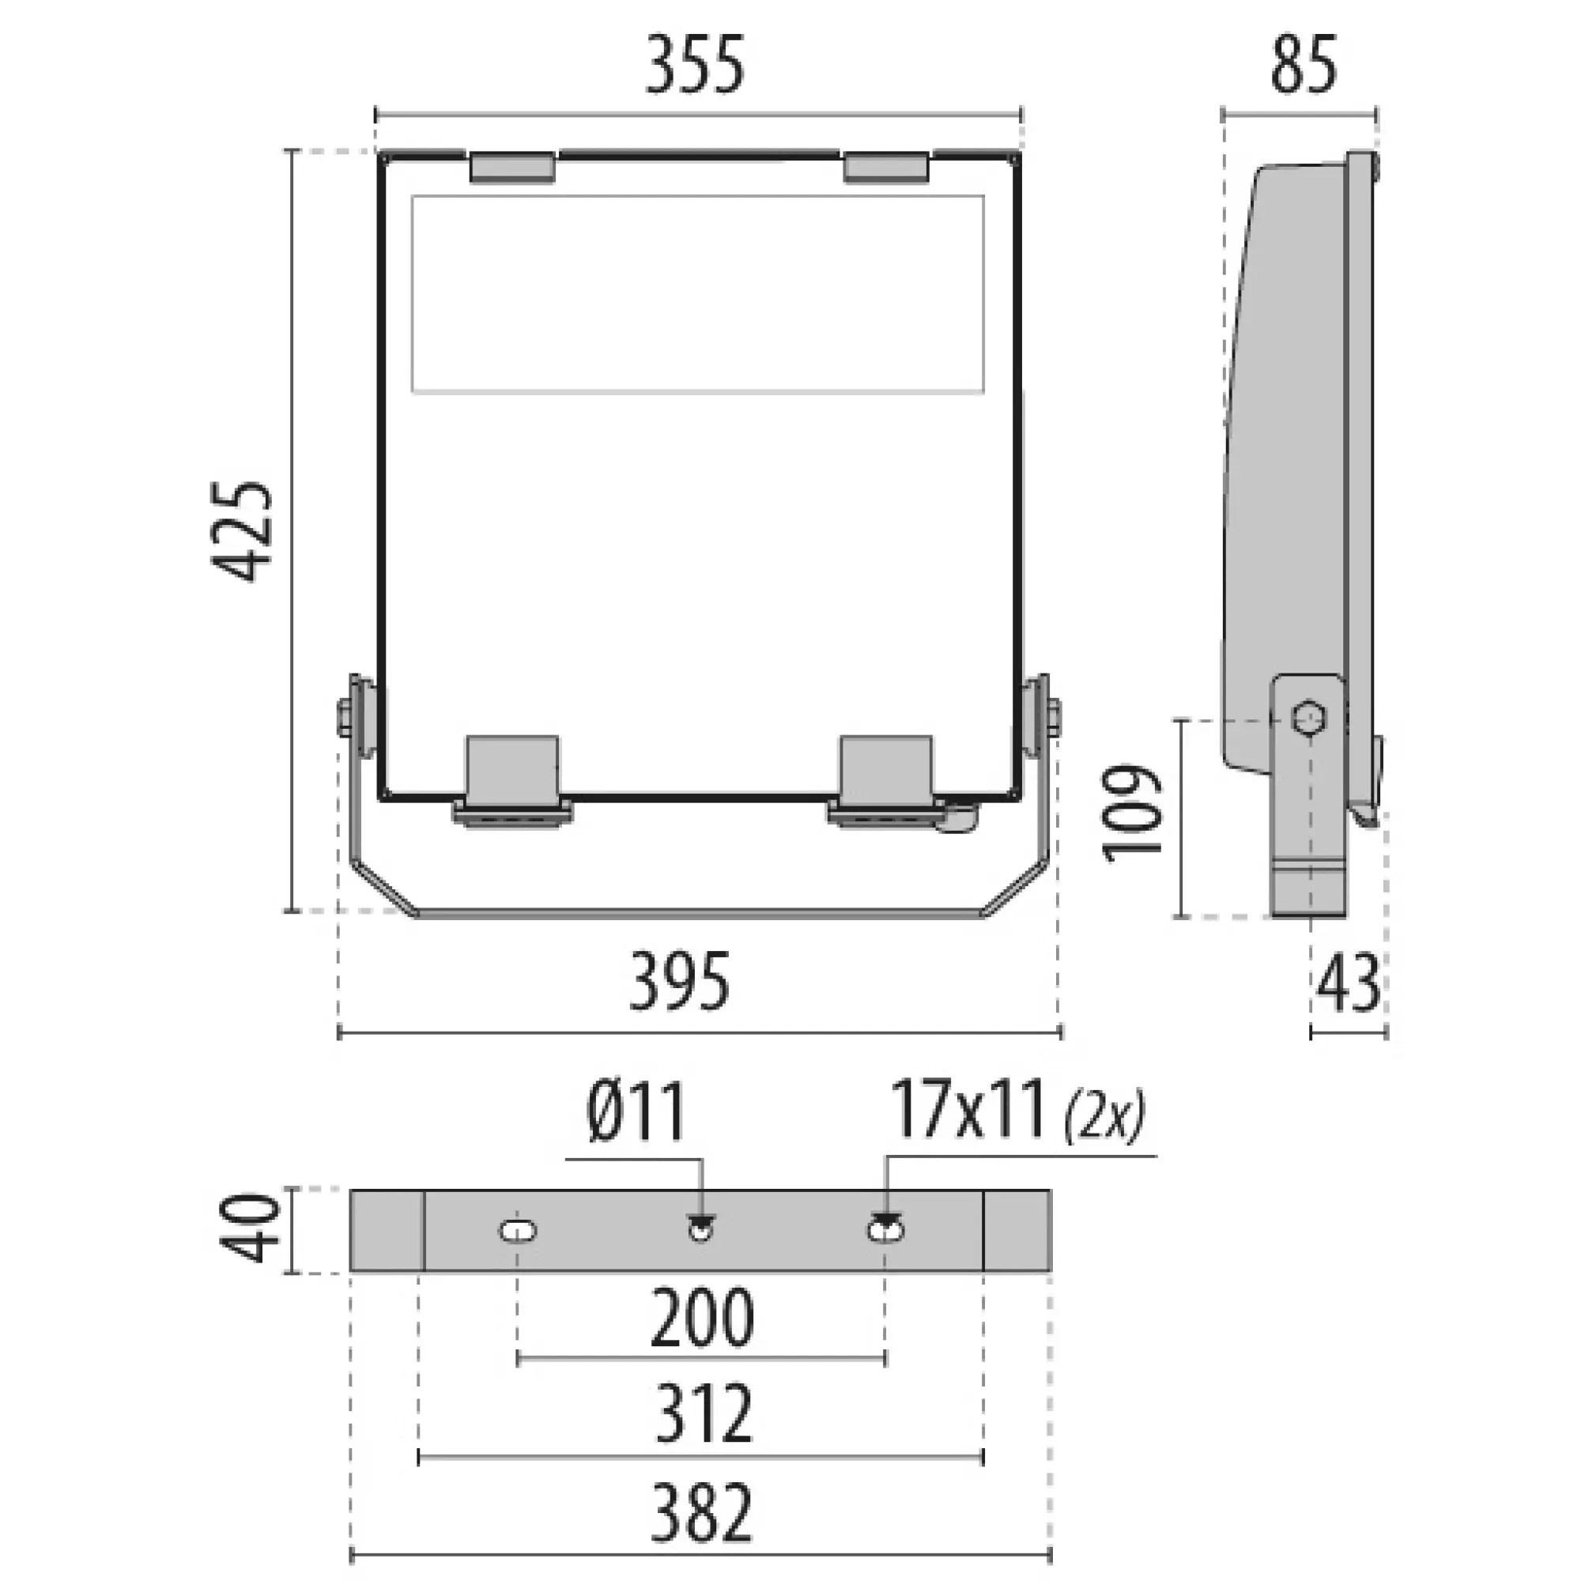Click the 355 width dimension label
click(696, 66)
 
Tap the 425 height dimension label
click(241, 531)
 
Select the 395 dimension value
click(679, 982)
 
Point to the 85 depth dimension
click(1304, 66)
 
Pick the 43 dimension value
click(1348, 983)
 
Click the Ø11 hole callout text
click(636, 1111)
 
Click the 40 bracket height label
click(251, 1228)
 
